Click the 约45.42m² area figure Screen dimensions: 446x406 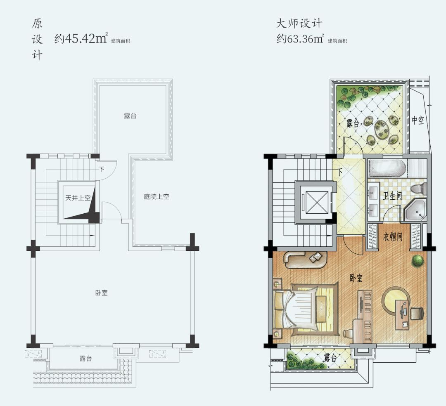point(81,38)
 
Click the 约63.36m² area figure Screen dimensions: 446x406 point(300,38)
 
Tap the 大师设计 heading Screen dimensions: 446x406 point(299,23)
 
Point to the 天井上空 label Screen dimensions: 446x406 point(78,198)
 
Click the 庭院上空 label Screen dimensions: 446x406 point(157,196)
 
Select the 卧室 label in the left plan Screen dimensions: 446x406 point(102,293)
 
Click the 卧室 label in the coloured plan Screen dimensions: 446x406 point(356,278)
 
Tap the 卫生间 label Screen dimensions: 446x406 point(392,196)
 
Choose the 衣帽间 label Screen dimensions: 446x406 point(393,236)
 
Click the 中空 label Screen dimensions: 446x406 point(418,120)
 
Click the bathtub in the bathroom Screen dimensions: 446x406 point(387,168)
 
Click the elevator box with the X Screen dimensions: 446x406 point(316,202)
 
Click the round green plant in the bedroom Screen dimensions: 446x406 point(417,260)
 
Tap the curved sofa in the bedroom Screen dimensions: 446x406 point(306,260)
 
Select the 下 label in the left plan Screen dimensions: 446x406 point(102,170)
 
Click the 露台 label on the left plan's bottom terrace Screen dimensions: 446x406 point(85,359)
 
